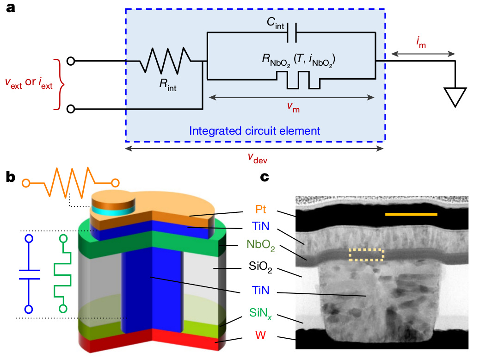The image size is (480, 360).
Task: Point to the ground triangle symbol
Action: tap(455, 97)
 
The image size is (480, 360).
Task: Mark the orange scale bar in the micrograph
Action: tap(411, 214)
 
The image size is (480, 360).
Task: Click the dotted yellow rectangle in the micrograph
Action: tap(366, 254)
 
